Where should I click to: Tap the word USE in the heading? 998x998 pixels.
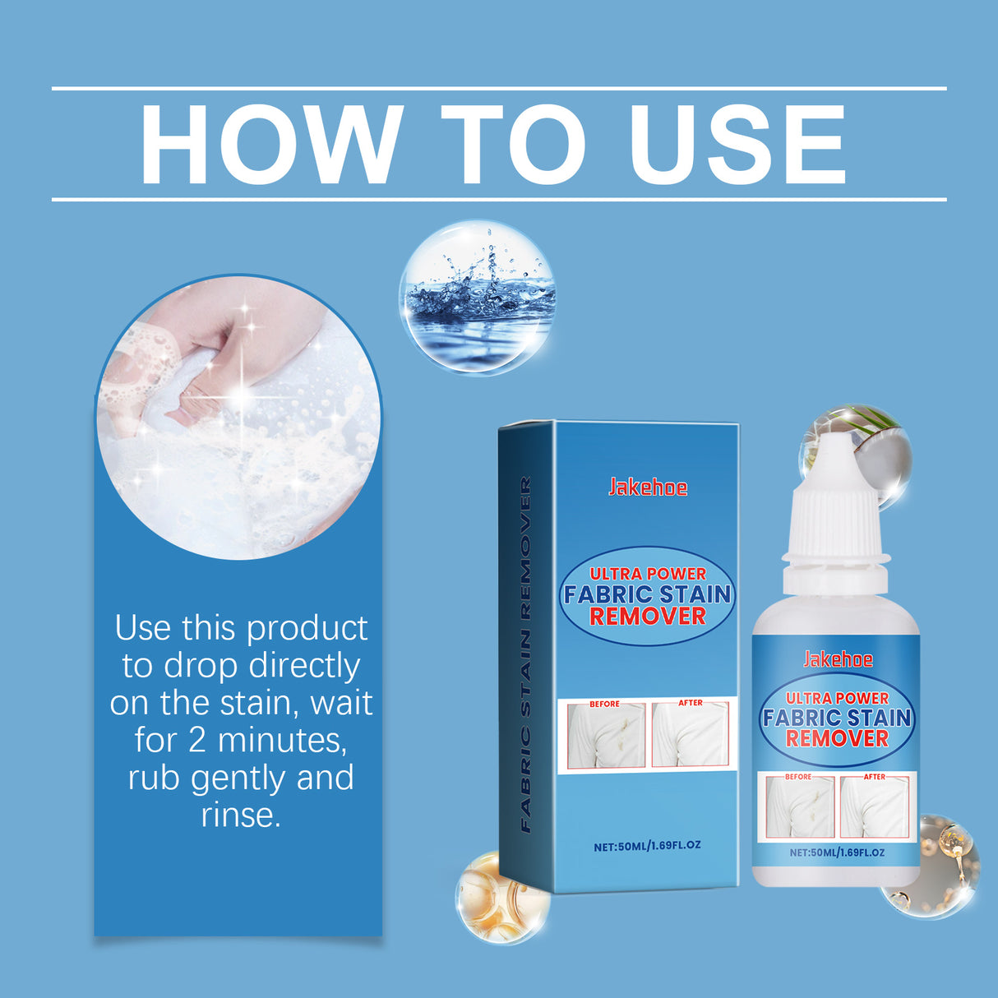tap(737, 145)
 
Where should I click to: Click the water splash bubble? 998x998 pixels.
tap(477, 297)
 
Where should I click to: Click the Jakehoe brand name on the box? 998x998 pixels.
tap(648, 487)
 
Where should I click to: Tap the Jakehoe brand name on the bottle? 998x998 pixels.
tap(838, 659)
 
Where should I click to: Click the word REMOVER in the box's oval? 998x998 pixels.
tap(648, 616)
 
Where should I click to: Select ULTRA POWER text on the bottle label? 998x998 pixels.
tap(837, 698)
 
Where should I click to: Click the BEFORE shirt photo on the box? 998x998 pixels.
tap(603, 736)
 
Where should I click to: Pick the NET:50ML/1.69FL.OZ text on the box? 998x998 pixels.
tap(647, 845)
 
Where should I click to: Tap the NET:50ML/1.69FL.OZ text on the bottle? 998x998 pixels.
tap(837, 852)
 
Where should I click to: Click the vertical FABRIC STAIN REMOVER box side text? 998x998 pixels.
tap(525, 654)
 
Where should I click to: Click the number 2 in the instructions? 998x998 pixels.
tap(197, 740)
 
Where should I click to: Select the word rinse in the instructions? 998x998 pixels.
tap(240, 815)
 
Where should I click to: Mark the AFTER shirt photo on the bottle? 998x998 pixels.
tap(876, 807)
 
